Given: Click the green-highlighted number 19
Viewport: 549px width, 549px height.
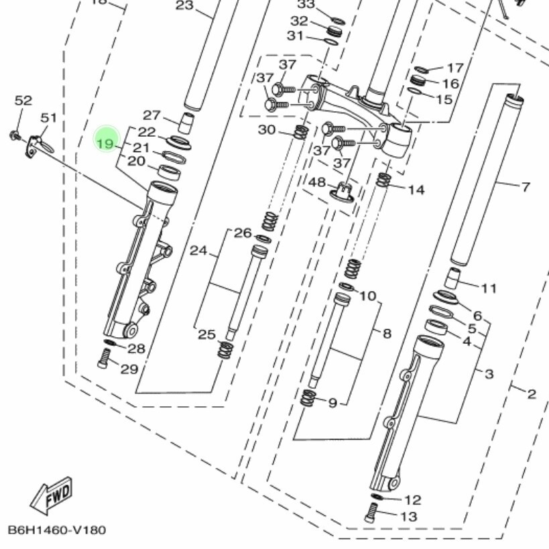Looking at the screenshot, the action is pyautogui.click(x=105, y=144).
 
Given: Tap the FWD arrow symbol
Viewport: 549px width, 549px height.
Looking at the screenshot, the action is pyautogui.click(x=52, y=496).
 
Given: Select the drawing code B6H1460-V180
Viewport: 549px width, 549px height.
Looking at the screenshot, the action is pyautogui.click(x=57, y=530).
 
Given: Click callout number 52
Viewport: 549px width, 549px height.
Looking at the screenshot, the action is pyautogui.click(x=23, y=101).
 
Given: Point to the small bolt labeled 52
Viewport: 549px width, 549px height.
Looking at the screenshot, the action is pyautogui.click(x=15, y=135).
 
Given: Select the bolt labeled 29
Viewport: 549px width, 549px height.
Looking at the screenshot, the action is pyautogui.click(x=104, y=359).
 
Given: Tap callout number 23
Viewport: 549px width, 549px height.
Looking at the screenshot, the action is pyautogui.click(x=184, y=5).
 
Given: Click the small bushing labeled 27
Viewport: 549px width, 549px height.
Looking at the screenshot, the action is pyautogui.click(x=186, y=123).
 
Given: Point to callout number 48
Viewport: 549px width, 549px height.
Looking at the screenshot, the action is pyautogui.click(x=317, y=182).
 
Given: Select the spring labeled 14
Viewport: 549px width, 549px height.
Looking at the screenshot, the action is pyautogui.click(x=383, y=180).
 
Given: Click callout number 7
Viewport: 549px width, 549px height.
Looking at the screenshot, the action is pyautogui.click(x=526, y=187).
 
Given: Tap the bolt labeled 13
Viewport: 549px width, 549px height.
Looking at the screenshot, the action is pyautogui.click(x=371, y=513).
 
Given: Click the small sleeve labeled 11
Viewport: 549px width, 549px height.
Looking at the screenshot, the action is pyautogui.click(x=452, y=278).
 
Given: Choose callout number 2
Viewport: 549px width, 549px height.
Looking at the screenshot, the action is pyautogui.click(x=532, y=395).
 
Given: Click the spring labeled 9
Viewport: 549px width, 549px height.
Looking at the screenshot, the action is pyautogui.click(x=308, y=398).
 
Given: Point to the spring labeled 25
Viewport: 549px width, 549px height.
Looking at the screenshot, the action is pyautogui.click(x=225, y=350).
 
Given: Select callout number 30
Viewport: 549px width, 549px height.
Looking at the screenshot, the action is pyautogui.click(x=267, y=130).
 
